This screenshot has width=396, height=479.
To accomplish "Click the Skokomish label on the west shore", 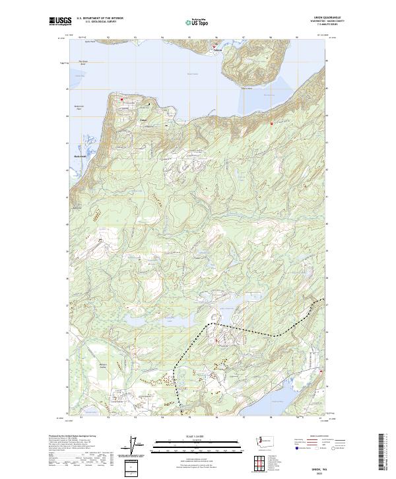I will (81, 157).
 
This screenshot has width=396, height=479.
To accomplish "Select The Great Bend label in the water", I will (83, 64).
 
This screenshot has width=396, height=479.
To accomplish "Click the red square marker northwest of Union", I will (121, 100).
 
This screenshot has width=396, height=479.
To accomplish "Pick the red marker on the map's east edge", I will (321, 371).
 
